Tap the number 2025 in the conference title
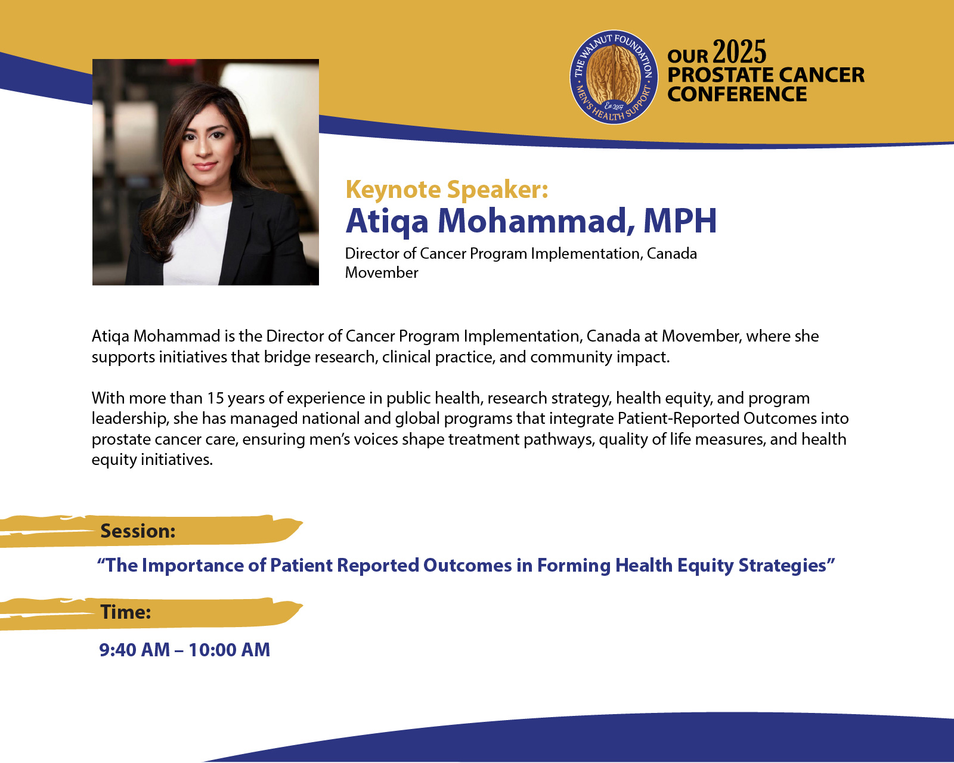tap(739, 52)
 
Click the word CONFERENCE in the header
tap(737, 94)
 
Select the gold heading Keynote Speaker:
tap(447, 190)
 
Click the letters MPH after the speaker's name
tap(680, 221)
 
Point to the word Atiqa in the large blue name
tap(387, 221)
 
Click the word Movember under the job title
tap(381, 272)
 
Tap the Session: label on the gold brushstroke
tap(138, 531)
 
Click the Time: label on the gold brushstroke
tap(125, 612)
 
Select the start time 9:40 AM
tap(134, 650)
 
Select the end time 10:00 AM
tap(229, 650)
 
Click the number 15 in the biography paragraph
tap(215, 398)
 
